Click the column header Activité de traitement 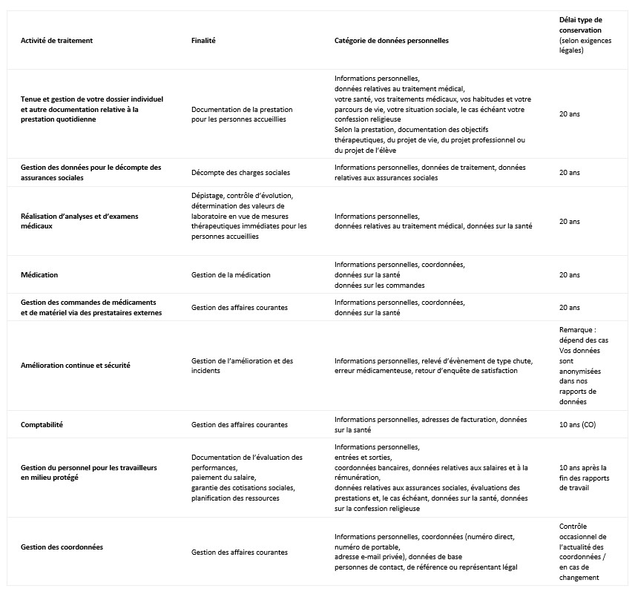pos(56,40)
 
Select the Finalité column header pos(203,40)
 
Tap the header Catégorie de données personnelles pos(391,40)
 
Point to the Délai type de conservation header pos(585,35)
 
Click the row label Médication pos(39,275)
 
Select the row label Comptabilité pos(42,425)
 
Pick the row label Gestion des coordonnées pos(62,547)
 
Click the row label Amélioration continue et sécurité pos(76,366)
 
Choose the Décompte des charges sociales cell pos(240,173)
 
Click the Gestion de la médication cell pos(231,275)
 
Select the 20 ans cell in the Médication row pos(569,275)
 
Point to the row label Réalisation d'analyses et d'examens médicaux pos(79,221)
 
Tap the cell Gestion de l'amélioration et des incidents pos(242,366)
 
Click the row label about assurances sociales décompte pos(91,172)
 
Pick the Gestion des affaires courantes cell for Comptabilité pos(239,425)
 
